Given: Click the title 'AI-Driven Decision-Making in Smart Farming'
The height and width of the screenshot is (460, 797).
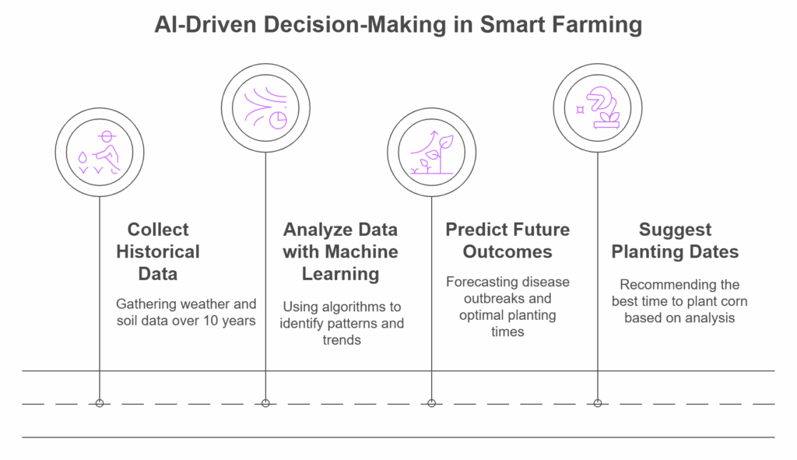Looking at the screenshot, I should pyautogui.click(x=398, y=25).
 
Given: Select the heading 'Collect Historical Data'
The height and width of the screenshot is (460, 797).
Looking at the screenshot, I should pyautogui.click(x=158, y=251).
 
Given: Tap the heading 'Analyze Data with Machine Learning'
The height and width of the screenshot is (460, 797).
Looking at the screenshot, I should pyautogui.click(x=340, y=251).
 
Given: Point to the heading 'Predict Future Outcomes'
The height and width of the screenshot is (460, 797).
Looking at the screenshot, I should pyautogui.click(x=507, y=241).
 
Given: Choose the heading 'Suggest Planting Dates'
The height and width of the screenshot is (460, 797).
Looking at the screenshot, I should pyautogui.click(x=675, y=241).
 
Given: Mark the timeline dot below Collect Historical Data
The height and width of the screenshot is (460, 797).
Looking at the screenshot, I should pyautogui.click(x=100, y=403).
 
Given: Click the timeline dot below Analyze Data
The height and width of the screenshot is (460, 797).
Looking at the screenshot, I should pyautogui.click(x=265, y=403).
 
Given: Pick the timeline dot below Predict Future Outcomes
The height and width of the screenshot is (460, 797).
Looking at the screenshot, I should pyautogui.click(x=431, y=403).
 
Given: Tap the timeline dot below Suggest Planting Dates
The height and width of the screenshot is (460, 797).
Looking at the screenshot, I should pyautogui.click(x=598, y=403).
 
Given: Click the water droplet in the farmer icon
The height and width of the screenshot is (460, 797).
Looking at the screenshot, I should pyautogui.click(x=83, y=157).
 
